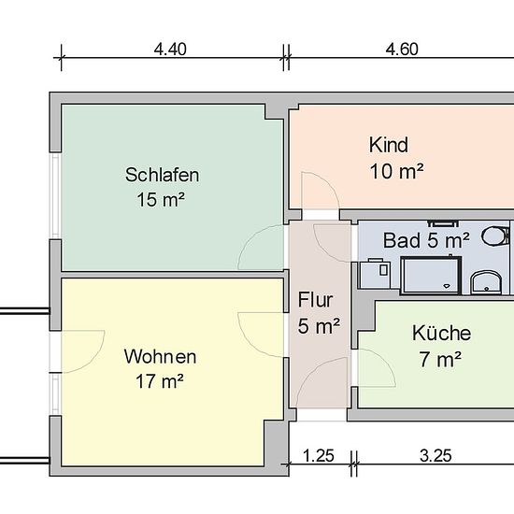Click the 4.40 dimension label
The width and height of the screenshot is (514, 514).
pyautogui.click(x=170, y=50)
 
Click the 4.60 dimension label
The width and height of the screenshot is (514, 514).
pyautogui.click(x=402, y=50)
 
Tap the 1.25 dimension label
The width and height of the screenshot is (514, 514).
pyautogui.click(x=319, y=456)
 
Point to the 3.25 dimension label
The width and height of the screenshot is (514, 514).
pyautogui.click(x=435, y=456)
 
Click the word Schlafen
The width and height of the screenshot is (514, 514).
pyautogui.click(x=162, y=175)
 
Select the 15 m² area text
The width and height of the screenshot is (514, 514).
pyautogui.click(x=161, y=199)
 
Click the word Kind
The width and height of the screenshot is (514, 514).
pyautogui.click(x=389, y=145)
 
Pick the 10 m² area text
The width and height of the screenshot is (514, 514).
pyautogui.click(x=396, y=171)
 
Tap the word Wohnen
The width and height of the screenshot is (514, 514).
pyautogui.click(x=161, y=357)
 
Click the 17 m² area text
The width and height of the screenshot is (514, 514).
pyautogui.click(x=159, y=381)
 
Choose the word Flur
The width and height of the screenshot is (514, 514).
pyautogui.click(x=315, y=300)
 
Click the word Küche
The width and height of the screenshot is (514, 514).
pyautogui.click(x=441, y=333)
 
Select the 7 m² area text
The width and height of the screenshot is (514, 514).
pyautogui.click(x=440, y=359)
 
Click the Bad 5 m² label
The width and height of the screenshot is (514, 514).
pyautogui.click(x=426, y=240)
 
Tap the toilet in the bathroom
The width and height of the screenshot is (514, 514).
pyautogui.click(x=495, y=236)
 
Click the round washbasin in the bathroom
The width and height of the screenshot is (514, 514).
pyautogui.click(x=486, y=282)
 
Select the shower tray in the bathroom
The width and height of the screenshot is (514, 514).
pyautogui.click(x=431, y=276)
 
